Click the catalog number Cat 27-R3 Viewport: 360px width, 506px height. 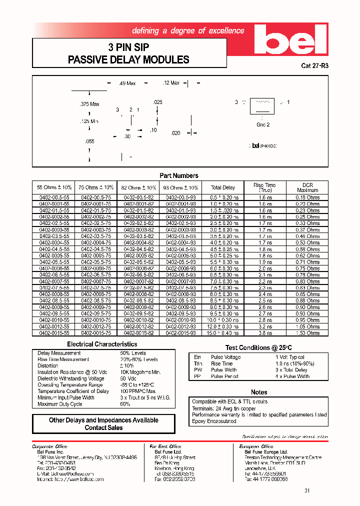(x=315, y=65)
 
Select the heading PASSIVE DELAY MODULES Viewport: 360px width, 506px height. (x=128, y=60)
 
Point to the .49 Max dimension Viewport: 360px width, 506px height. (x=127, y=83)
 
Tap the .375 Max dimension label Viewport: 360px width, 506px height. (x=90, y=104)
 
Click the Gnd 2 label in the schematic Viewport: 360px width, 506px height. (x=263, y=125)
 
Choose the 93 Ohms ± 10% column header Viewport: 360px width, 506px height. (x=180, y=187)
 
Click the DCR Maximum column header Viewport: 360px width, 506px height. (x=307, y=187)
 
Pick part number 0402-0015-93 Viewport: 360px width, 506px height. (x=180, y=333)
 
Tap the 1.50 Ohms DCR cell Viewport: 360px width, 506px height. (x=307, y=333)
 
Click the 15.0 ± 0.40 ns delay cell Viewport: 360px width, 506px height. (x=223, y=333)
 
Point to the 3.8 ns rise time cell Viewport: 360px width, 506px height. (x=265, y=333)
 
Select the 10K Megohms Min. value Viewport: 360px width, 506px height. (x=140, y=372)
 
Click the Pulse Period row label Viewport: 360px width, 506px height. (x=224, y=376)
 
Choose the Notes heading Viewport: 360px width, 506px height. (x=259, y=392)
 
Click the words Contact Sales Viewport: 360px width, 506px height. (x=103, y=428)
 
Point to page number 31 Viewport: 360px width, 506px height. (x=307, y=490)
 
